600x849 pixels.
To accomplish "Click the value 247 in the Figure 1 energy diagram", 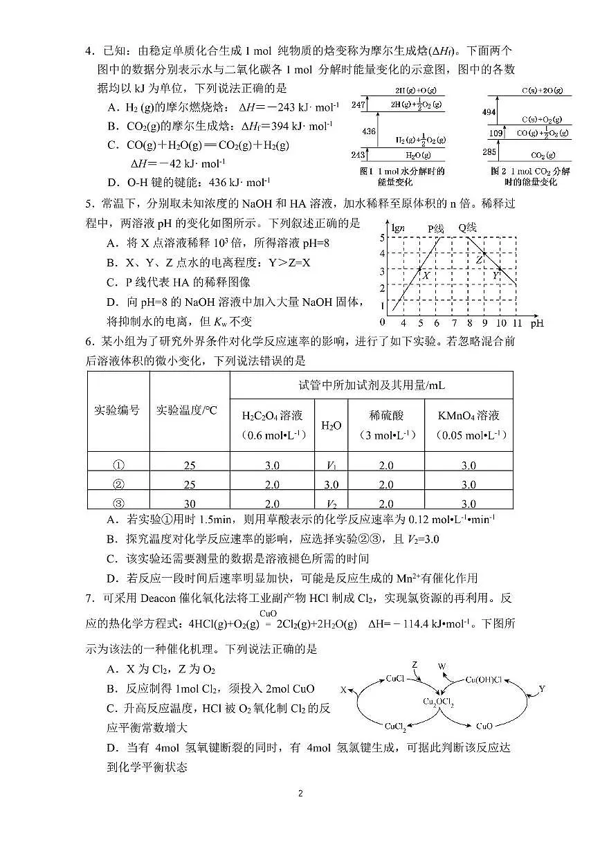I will [x=358, y=104].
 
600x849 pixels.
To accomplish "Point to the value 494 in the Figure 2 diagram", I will [x=489, y=112].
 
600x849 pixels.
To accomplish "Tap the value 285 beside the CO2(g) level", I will [x=489, y=152].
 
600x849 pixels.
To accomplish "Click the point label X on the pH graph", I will [x=426, y=275].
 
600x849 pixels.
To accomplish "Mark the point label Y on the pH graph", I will [x=496, y=275].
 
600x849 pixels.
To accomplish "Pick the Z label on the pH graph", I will [x=479, y=260].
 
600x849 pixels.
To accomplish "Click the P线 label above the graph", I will [x=435, y=228].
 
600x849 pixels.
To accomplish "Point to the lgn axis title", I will [x=397, y=228].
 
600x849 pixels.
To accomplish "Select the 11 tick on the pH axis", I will [x=517, y=322].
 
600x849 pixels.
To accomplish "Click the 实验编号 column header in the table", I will [x=117, y=410].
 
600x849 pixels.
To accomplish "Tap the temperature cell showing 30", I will [x=190, y=504].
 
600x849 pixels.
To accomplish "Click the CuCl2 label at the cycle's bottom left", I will [x=395, y=726].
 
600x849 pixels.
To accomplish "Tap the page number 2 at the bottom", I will [x=300, y=793].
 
